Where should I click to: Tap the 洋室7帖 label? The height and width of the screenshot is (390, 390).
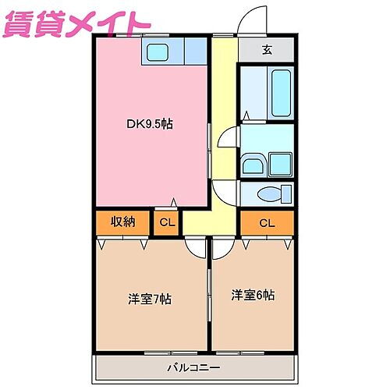coord(150,299)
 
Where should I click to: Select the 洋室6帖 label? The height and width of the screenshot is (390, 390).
coord(252,295)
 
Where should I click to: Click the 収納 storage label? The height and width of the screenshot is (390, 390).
coord(122,221)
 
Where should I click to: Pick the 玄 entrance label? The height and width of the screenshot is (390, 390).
coord(267,51)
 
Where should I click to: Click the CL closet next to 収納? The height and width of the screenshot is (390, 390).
coord(167,222)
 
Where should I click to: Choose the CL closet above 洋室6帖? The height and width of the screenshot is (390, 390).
coord(267,223)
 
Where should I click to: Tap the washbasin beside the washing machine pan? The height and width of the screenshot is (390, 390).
coord(253,165)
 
